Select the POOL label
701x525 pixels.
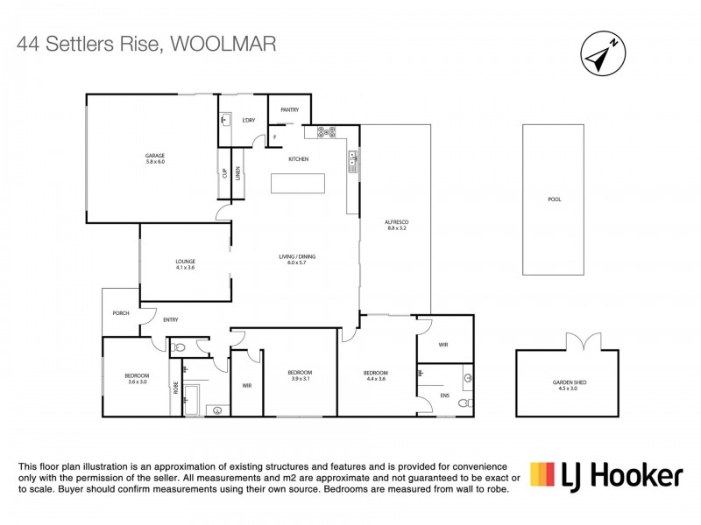554,199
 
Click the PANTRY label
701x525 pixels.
290,110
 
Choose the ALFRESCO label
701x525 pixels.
397,222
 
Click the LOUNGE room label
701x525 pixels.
184,261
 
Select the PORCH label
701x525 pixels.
121,312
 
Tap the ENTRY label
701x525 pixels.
171,319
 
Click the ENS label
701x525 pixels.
444,395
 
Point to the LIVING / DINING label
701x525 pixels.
297,256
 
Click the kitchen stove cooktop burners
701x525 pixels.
327,133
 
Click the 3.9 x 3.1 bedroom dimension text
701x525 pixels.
300,379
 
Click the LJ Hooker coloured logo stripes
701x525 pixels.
542,474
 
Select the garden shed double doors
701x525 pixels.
579,341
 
